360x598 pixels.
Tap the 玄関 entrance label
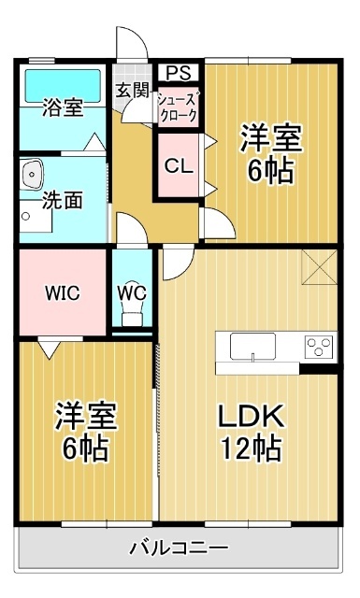[x=133, y=91]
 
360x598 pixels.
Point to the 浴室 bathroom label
[x=62, y=107]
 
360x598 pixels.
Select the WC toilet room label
[x=132, y=292]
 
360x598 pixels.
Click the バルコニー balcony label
[x=178, y=548]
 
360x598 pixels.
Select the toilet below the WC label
[x=132, y=316]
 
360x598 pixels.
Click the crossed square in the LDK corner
[x=320, y=267]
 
